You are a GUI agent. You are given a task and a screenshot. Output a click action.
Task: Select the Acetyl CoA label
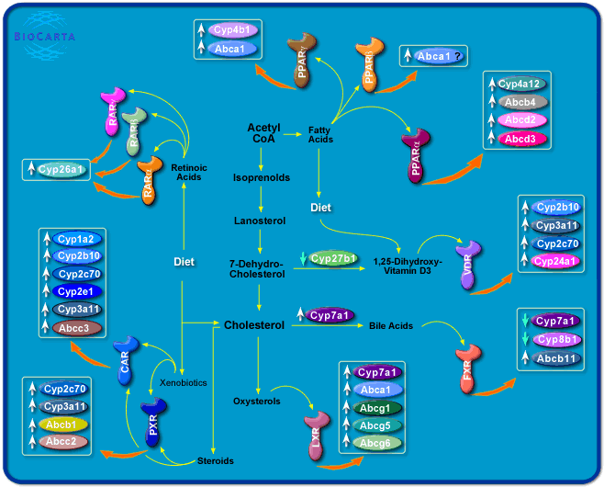263,133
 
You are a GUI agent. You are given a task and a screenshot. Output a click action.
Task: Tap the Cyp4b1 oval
236,30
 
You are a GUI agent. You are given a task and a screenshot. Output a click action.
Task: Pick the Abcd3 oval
526,139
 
